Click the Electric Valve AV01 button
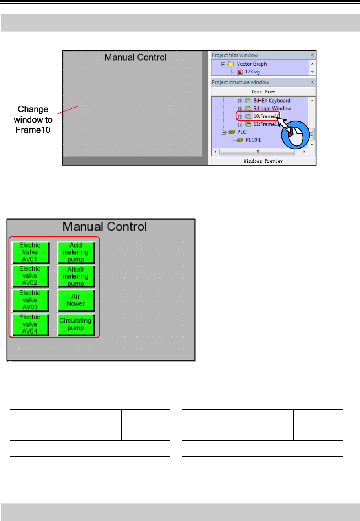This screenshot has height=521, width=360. pyautogui.click(x=30, y=252)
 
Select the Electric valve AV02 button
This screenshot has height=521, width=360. pyautogui.click(x=30, y=276)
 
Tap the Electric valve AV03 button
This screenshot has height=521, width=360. pyautogui.click(x=30, y=300)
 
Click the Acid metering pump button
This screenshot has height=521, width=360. pyautogui.click(x=76, y=252)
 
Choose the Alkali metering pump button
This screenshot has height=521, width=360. pyautogui.click(x=76, y=276)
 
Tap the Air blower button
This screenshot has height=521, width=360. pyautogui.click(x=76, y=300)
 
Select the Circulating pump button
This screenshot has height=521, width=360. pyautogui.click(x=76, y=325)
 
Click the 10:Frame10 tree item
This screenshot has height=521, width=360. pyautogui.click(x=266, y=116)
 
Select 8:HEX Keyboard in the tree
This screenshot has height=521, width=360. pyautogui.click(x=272, y=101)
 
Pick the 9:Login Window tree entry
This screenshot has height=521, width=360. pyautogui.click(x=272, y=108)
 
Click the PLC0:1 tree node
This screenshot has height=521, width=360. pyautogui.click(x=253, y=140)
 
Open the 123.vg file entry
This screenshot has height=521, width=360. pyautogui.click(x=252, y=72)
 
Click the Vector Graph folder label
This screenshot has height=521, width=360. pyautogui.click(x=252, y=64)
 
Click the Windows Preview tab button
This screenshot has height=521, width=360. pyautogui.click(x=263, y=161)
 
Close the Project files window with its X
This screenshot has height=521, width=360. pyautogui.click(x=312, y=55)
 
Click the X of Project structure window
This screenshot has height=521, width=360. pyautogui.click(x=312, y=82)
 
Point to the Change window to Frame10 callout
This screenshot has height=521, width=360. pyautogui.click(x=33, y=119)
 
